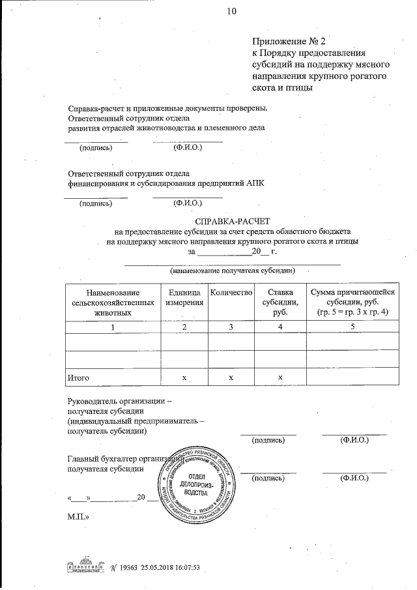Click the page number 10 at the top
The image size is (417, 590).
pyautogui.click(x=231, y=10)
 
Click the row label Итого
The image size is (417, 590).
pyautogui.click(x=79, y=377)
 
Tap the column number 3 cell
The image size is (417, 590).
pyautogui.click(x=231, y=327)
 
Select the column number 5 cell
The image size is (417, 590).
pyautogui.click(x=352, y=327)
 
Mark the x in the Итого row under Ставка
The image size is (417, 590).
pyautogui.click(x=280, y=377)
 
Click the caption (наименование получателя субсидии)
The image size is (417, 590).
pyautogui.click(x=232, y=271)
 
